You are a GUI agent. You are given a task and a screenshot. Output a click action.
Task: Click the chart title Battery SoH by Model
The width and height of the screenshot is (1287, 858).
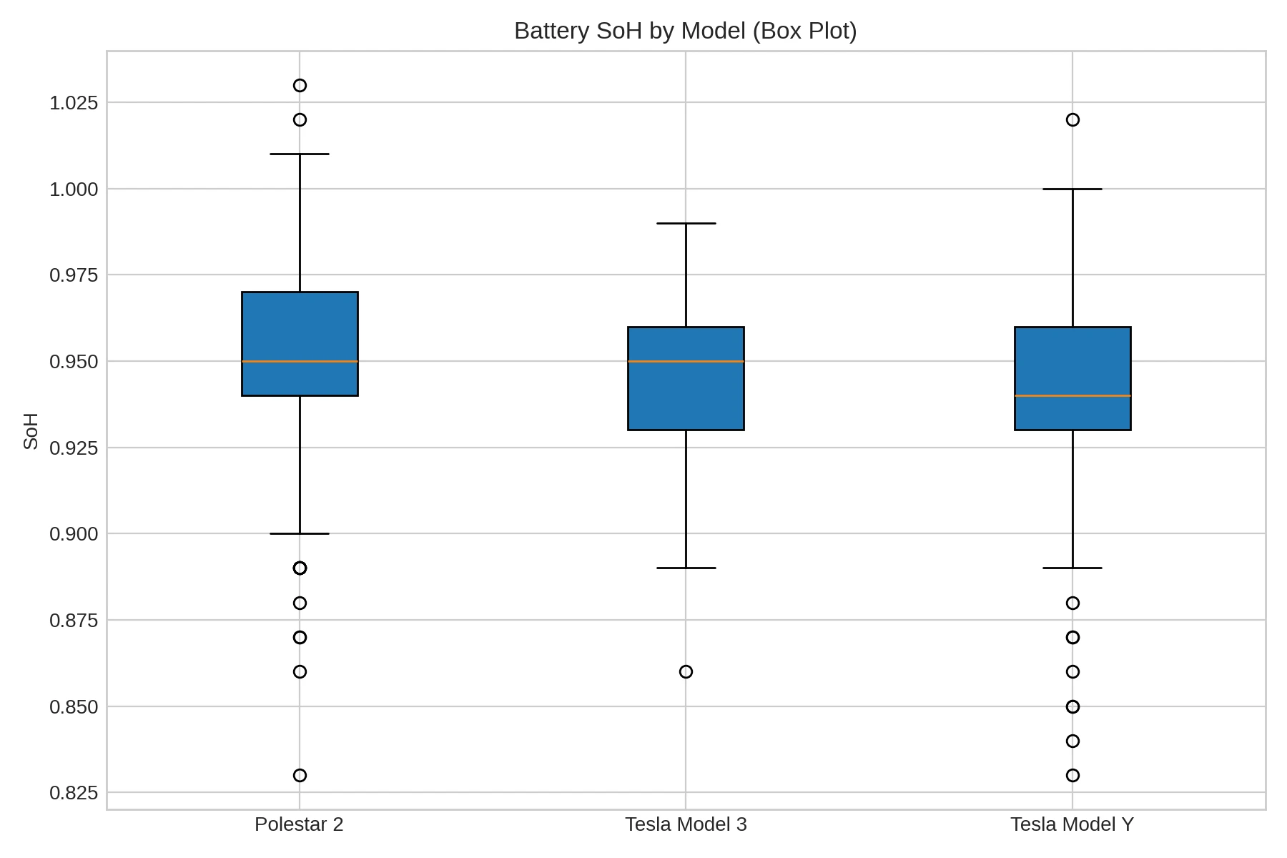(x=685, y=31)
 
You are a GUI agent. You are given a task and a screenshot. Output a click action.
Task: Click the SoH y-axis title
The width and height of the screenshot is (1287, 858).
(x=31, y=430)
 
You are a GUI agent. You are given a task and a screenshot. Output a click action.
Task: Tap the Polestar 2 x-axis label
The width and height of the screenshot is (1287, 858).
(x=299, y=824)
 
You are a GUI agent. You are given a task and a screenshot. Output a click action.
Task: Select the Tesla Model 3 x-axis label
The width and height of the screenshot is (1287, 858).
(x=686, y=824)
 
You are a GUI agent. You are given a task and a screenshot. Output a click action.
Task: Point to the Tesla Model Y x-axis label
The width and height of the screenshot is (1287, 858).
(x=1072, y=824)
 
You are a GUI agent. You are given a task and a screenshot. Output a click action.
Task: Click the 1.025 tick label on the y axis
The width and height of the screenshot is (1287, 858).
(x=73, y=103)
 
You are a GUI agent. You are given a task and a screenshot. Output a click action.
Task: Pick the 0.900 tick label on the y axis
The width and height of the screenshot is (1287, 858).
(x=73, y=534)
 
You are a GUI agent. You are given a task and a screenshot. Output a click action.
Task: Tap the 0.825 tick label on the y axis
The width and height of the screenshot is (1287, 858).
(x=73, y=793)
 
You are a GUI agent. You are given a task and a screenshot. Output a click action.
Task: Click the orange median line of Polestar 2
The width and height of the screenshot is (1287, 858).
(x=300, y=361)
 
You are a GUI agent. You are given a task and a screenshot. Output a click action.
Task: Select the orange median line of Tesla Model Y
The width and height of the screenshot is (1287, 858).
(x=1072, y=395)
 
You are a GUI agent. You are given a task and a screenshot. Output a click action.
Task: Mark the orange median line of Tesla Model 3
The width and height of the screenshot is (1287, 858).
(x=686, y=361)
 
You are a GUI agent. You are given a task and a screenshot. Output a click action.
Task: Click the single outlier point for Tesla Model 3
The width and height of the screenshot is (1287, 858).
(x=686, y=672)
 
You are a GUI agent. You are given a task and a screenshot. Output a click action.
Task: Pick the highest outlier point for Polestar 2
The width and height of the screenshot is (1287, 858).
(x=300, y=86)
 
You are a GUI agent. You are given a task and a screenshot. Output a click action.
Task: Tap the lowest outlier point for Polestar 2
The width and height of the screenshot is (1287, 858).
(x=300, y=775)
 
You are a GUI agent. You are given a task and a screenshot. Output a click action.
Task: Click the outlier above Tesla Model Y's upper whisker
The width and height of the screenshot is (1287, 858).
(x=1072, y=119)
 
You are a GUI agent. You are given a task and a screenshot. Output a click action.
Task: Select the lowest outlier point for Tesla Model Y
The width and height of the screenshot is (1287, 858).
(x=1072, y=775)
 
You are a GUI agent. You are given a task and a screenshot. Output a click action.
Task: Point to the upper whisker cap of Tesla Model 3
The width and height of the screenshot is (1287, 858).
(x=686, y=223)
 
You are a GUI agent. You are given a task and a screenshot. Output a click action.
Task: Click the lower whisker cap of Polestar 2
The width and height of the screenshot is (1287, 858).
(x=300, y=533)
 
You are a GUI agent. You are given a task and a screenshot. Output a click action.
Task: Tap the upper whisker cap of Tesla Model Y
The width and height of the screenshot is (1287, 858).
(x=1072, y=189)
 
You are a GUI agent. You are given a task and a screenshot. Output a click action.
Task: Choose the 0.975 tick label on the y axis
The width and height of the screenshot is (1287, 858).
(x=73, y=275)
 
